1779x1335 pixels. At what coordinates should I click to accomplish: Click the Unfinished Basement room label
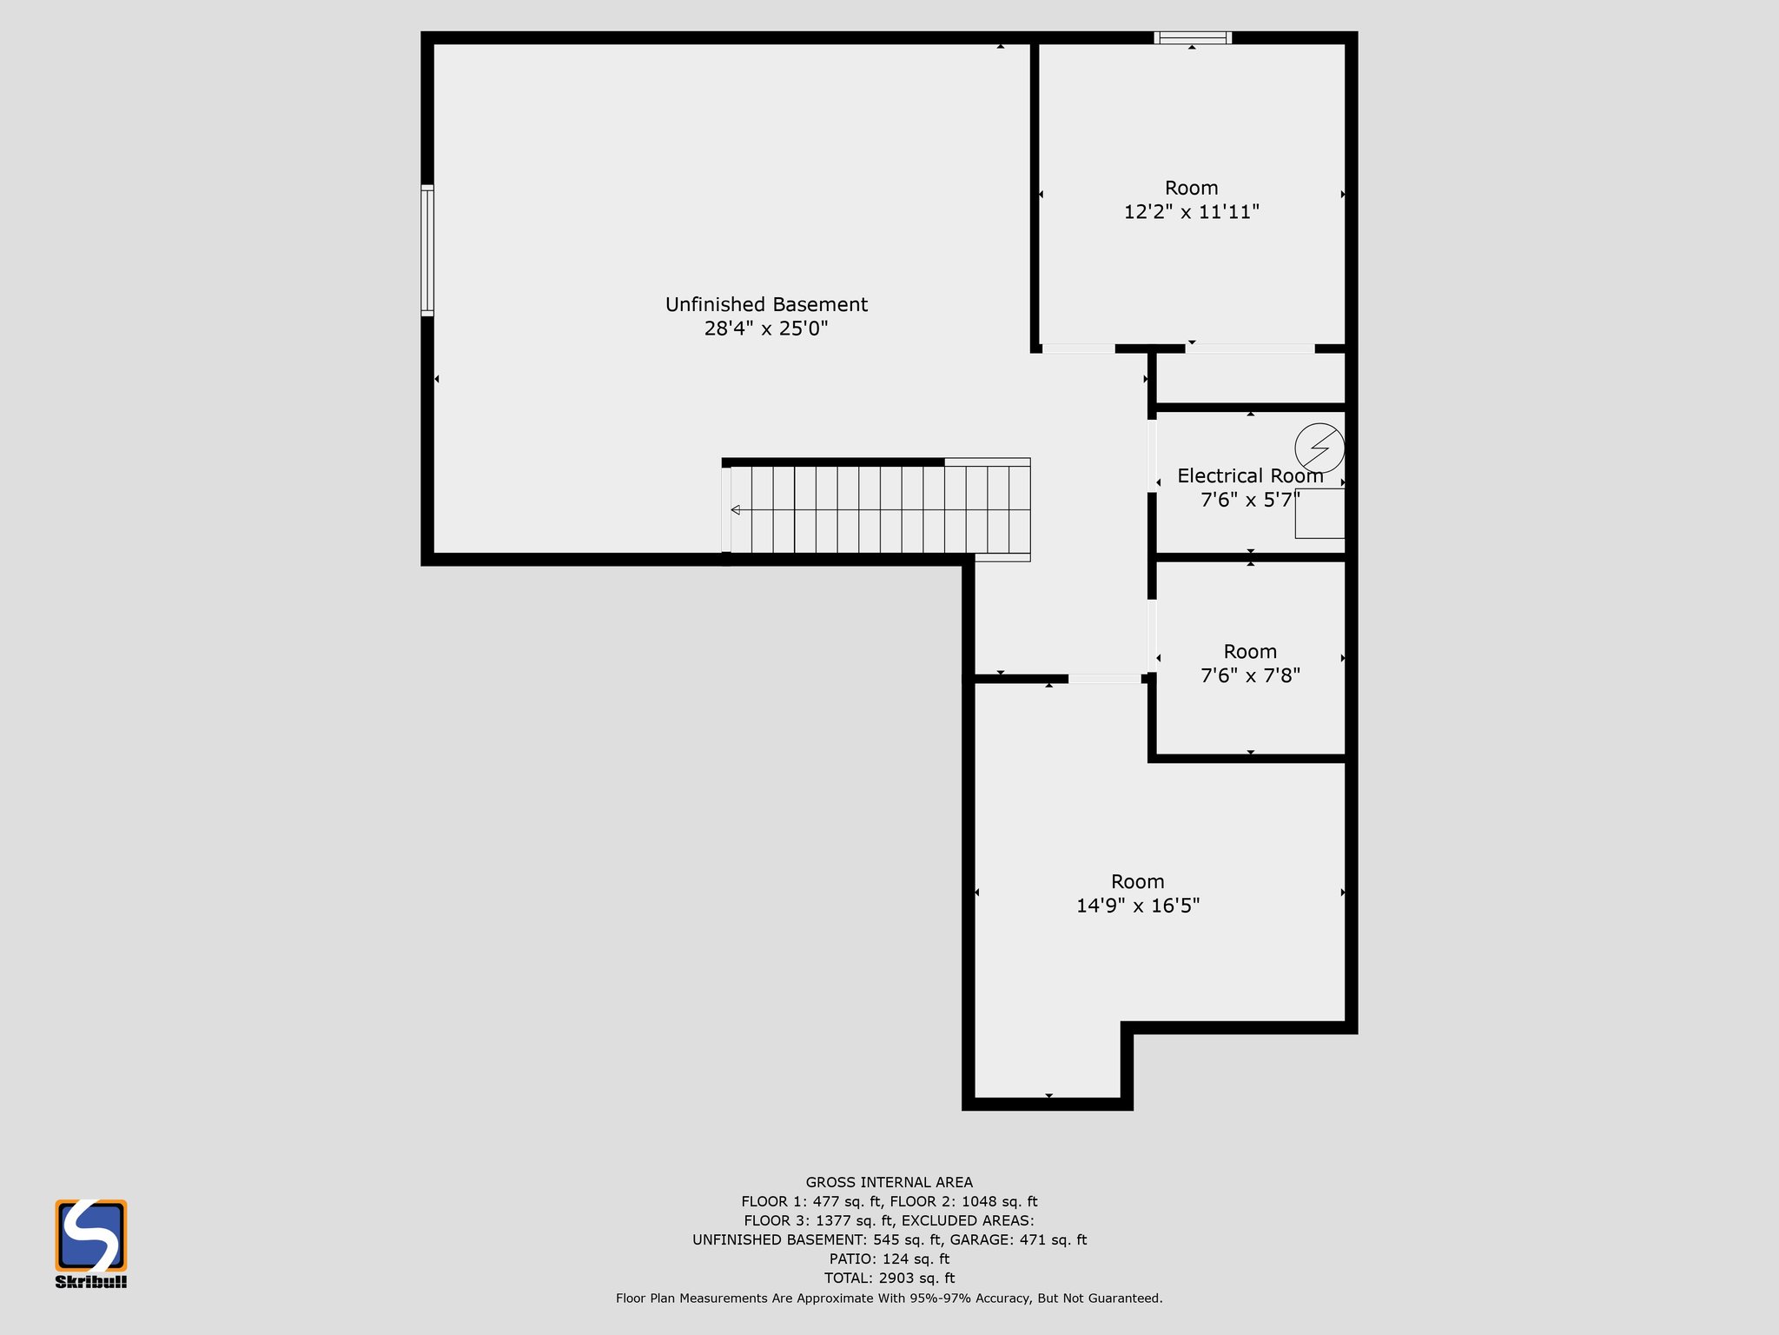point(766,304)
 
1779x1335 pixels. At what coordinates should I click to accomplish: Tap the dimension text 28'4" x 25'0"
point(766,329)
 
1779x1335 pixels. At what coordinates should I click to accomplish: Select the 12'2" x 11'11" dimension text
point(1192,212)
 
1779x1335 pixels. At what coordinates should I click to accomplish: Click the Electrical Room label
point(1250,475)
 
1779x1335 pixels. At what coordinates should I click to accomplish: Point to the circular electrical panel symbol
point(1319,448)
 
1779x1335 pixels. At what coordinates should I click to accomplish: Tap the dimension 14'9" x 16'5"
point(1138,906)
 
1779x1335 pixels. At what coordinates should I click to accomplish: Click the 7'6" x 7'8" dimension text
point(1250,675)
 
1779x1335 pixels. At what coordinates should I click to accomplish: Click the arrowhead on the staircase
point(735,510)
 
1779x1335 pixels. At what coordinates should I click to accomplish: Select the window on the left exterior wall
point(427,249)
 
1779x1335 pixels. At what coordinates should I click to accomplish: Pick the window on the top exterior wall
point(1193,37)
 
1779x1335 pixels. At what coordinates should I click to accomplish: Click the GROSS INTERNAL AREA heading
point(889,1182)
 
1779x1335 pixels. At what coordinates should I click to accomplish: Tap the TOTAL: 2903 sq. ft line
point(889,1278)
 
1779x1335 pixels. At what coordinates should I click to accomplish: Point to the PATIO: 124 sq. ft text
point(889,1259)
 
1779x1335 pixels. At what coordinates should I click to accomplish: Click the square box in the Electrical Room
point(1319,513)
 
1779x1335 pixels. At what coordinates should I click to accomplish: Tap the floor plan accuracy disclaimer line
point(889,1298)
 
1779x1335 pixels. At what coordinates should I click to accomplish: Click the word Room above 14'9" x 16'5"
point(1138,881)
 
